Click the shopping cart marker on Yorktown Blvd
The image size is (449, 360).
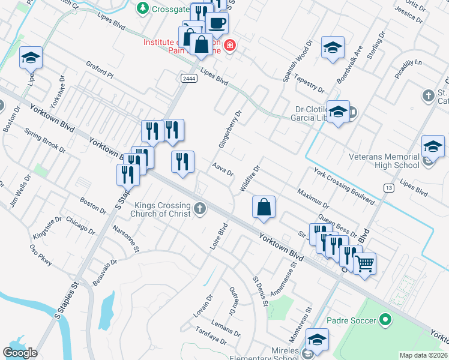click(365, 263)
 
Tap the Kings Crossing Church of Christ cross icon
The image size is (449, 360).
click(200, 209)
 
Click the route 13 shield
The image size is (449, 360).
click(390, 188)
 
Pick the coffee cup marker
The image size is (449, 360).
click(217, 23)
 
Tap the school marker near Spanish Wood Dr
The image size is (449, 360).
click(333, 47)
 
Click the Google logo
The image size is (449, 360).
click(20, 353)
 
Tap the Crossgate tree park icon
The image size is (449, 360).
click(143, 8)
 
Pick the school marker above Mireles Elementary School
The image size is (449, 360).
click(317, 339)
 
